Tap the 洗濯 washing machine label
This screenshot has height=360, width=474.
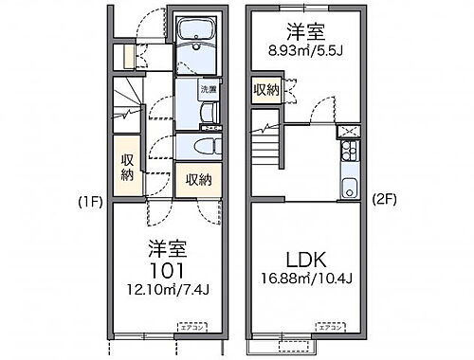[x=208, y=90]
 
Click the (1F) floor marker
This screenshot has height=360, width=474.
[x=89, y=201]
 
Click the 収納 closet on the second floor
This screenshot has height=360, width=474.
[x=265, y=90]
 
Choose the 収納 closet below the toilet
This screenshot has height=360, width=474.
[x=197, y=179]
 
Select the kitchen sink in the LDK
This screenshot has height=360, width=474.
[x=348, y=185]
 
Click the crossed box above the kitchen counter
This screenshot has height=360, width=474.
[x=346, y=130]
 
